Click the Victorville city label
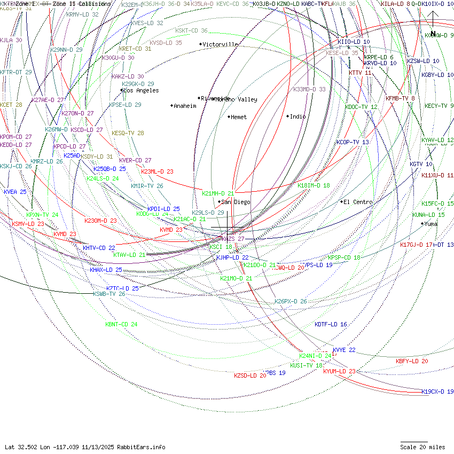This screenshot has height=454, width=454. point(221,44)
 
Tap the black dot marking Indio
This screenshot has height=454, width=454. point(287,116)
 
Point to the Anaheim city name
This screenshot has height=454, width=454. point(185,106)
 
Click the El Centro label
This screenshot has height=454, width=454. point(358,202)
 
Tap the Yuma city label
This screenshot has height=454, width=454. point(431,224)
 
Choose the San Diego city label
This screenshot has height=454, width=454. point(236,202)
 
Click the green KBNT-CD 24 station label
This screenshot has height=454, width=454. point(121,324)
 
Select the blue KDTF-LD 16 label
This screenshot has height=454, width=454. point(331,324)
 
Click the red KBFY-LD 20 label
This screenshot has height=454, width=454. point(412,361)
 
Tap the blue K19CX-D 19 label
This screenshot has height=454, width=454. point(437,392)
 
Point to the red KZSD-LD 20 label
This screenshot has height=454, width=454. point(250,375)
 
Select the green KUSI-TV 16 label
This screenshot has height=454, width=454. point(307,365)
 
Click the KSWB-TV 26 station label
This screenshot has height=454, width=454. point(109,294)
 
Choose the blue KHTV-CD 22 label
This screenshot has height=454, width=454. point(99,248)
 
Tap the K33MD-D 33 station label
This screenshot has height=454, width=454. point(309,89)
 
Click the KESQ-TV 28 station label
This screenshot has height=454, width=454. point(128,133)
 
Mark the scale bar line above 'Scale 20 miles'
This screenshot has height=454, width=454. point(414,442)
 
